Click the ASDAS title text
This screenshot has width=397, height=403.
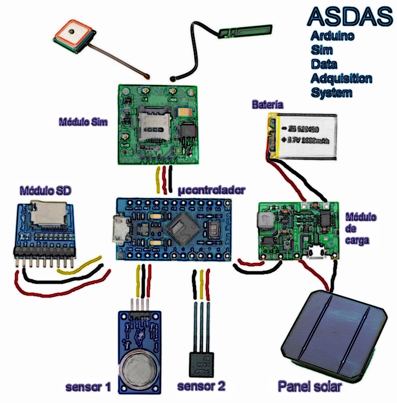coord(350,16)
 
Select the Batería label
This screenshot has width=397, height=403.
coord(268,105)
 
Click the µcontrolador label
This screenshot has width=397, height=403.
coord(212,189)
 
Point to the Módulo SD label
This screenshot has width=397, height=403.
coord(45,190)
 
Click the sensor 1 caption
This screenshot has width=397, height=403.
coord(89,387)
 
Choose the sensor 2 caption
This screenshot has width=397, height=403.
coord(201,386)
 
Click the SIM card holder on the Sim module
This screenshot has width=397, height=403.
coord(155,124)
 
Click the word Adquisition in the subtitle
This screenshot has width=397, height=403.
coord(341,78)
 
